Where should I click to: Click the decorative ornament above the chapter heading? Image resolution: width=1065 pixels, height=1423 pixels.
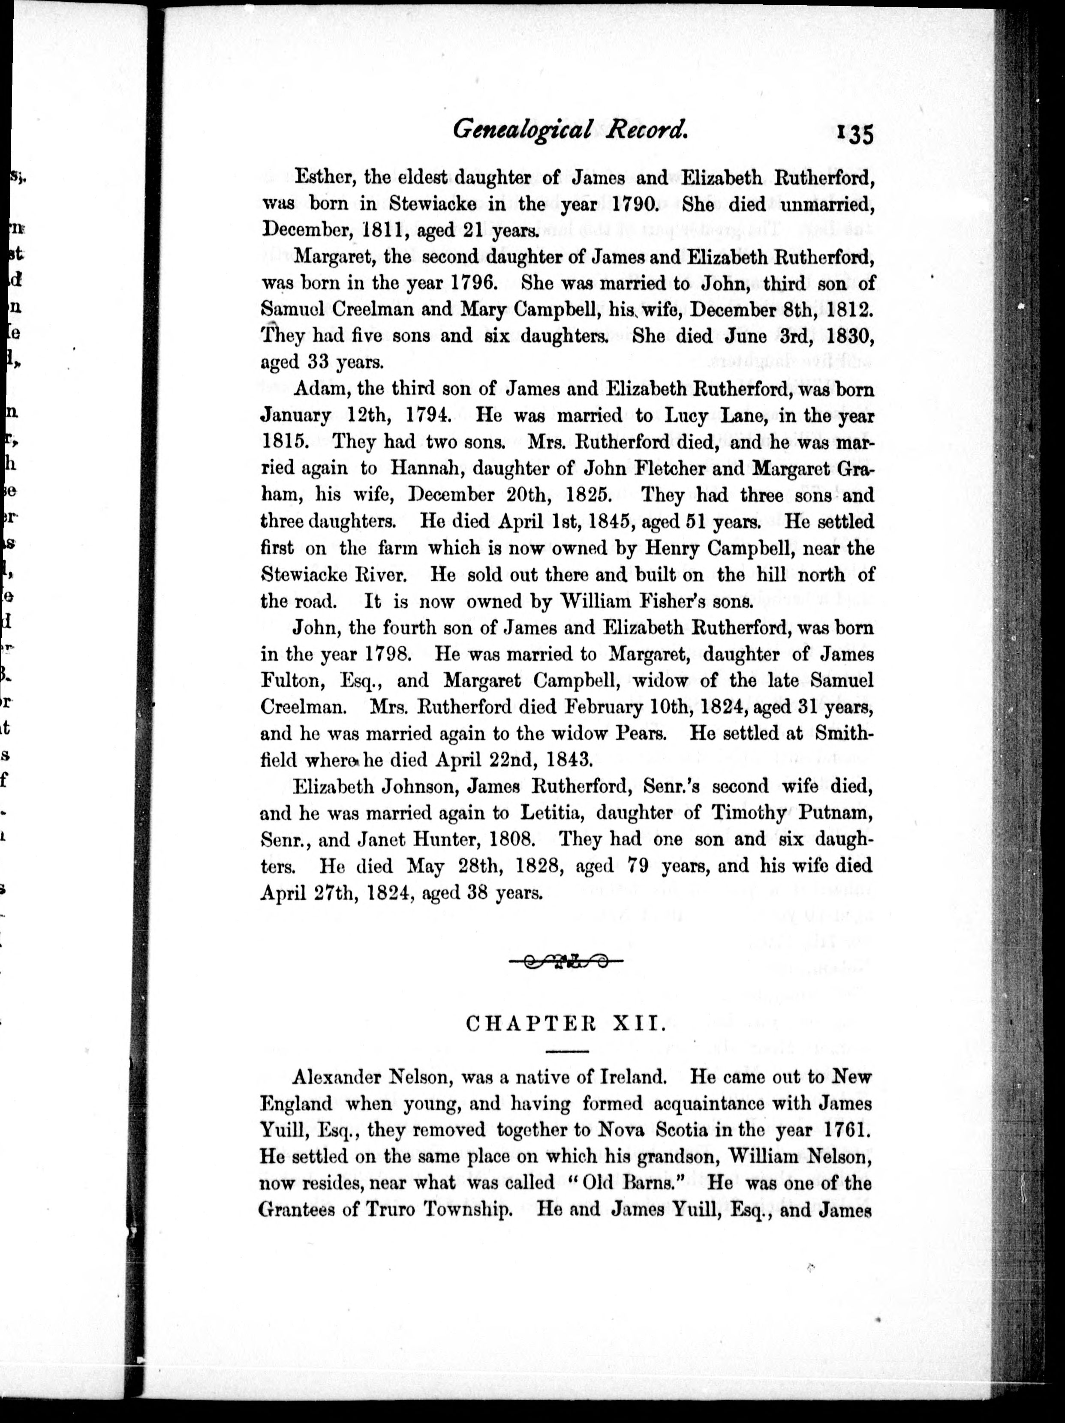click(x=566, y=962)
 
